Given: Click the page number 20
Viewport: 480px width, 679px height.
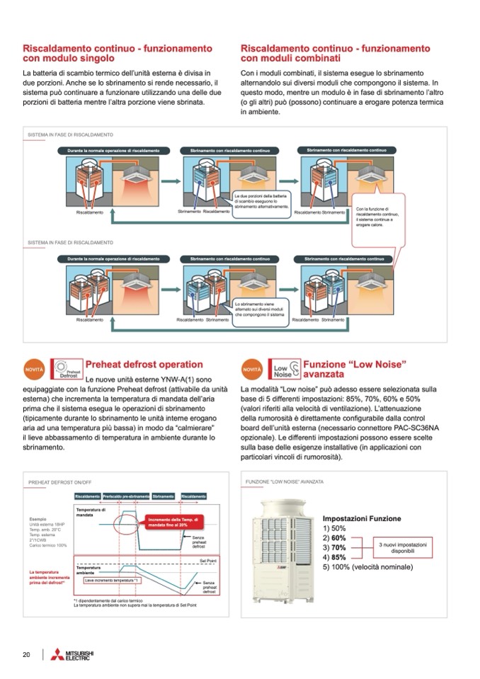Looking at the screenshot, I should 26,654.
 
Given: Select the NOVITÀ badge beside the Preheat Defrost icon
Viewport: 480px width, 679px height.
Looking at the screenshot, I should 34,370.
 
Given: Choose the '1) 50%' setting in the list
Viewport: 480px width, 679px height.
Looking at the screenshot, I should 334,528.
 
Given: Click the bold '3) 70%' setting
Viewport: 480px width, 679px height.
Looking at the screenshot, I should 334,547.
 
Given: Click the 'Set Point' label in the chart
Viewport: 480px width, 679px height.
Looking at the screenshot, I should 208,559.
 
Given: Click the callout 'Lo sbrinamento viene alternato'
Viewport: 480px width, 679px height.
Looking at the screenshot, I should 258,309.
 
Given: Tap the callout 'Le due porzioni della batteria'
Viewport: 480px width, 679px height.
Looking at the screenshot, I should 261,201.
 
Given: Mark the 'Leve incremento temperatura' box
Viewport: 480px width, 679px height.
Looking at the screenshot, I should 113,580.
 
